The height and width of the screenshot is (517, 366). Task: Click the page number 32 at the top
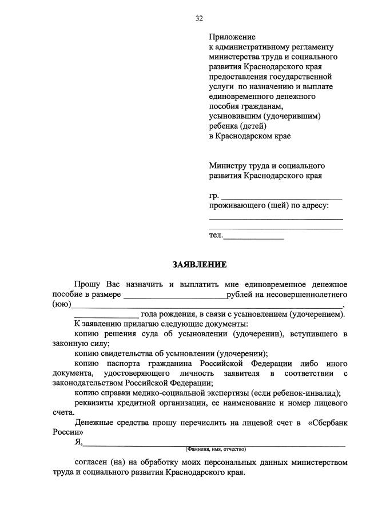coord(199,18)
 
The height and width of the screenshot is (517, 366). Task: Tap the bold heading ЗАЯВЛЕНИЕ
coord(200,264)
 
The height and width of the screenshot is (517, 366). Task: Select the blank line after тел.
coord(254,237)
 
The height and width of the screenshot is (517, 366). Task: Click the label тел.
coord(215,235)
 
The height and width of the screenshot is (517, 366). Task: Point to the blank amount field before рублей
coord(174,296)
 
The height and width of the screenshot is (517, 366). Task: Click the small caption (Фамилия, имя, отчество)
coord(215,450)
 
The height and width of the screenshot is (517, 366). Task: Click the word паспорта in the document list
coord(121,363)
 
